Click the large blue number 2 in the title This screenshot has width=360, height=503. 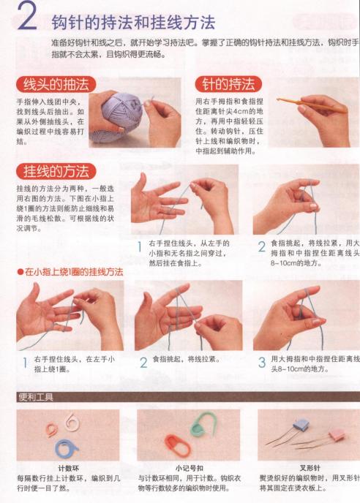pyautogui.click(x=27, y=18)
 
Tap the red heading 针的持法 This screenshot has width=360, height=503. pyautogui.click(x=228, y=84)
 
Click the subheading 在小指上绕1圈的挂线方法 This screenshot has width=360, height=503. pyautogui.click(x=73, y=271)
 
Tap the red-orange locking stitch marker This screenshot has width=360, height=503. pyautogui.click(x=175, y=444)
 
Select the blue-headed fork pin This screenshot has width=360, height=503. pyautogui.click(x=301, y=425)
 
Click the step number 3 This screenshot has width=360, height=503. pyautogui.click(x=261, y=361)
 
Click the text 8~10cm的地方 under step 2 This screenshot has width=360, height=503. pyautogui.click(x=297, y=261)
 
